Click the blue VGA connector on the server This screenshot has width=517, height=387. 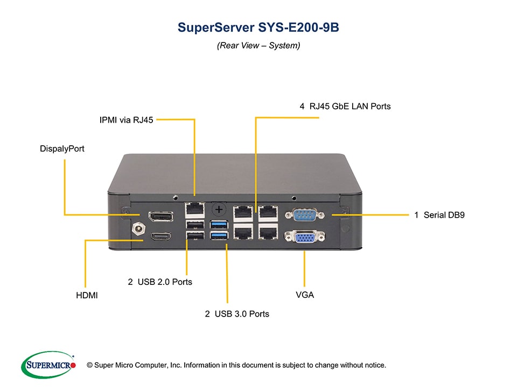tap(304, 236)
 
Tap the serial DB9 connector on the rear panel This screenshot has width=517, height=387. tap(304, 215)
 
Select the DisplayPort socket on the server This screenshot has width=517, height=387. tap(161, 217)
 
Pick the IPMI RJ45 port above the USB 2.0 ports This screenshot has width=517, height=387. tap(194, 207)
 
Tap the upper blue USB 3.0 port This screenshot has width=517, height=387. tap(220, 223)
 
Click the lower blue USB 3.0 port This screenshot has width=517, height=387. tap(220, 235)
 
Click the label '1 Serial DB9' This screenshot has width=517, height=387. tap(439, 215)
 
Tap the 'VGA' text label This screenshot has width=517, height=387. tap(305, 295)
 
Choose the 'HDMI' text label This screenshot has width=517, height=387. tap(87, 295)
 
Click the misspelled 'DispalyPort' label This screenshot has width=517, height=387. tap(62, 148)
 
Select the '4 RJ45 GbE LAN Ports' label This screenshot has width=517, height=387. tap(345, 106)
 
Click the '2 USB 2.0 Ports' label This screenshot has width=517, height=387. tap(160, 282)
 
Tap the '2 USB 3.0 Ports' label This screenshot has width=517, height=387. tap(237, 313)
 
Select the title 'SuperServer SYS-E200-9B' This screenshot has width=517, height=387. tap(258, 28)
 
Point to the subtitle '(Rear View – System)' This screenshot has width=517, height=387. tap(258, 46)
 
